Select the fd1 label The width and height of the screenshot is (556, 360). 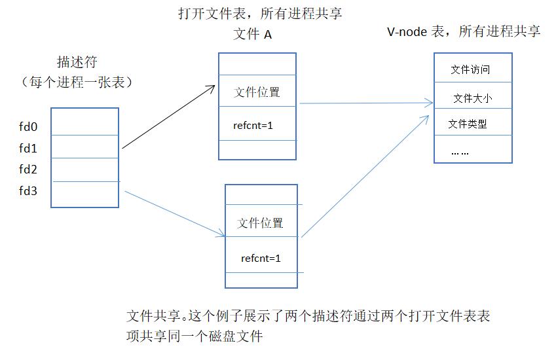coord(29,149)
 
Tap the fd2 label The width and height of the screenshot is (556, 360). coord(29,170)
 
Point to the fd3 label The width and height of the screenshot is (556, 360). coord(29,191)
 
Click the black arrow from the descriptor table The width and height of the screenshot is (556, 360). coord(169,117)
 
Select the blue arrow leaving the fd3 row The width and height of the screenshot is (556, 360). coord(172,212)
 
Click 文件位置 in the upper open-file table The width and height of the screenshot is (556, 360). coord(257,92)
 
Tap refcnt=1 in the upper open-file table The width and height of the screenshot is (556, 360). coord(253,124)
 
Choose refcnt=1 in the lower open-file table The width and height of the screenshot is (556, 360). coord(261,258)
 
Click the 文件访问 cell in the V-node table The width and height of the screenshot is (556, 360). coord(470,69)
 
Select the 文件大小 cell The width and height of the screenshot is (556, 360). coord(472,98)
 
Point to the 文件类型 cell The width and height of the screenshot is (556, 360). coord(468,123)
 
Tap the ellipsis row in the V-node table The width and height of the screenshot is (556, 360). coord(460,152)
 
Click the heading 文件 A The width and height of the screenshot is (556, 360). coord(252,35)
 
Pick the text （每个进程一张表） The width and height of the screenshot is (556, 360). coord(77,82)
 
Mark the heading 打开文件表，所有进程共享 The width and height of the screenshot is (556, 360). coord(259,13)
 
